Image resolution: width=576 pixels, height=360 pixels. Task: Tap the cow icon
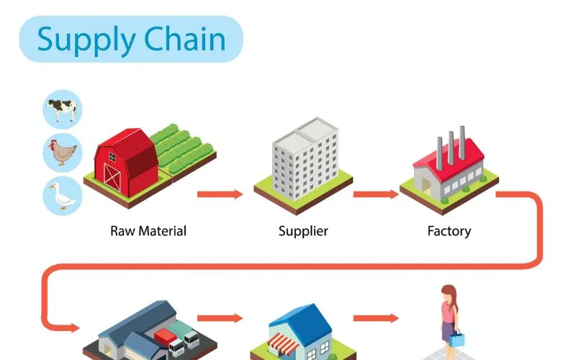(63, 109)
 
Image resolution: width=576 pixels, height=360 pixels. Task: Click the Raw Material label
(148, 231)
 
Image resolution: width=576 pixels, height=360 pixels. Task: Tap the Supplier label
(303, 231)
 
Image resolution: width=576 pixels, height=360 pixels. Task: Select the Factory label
(449, 231)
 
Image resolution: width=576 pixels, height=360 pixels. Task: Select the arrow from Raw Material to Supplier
(220, 194)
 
